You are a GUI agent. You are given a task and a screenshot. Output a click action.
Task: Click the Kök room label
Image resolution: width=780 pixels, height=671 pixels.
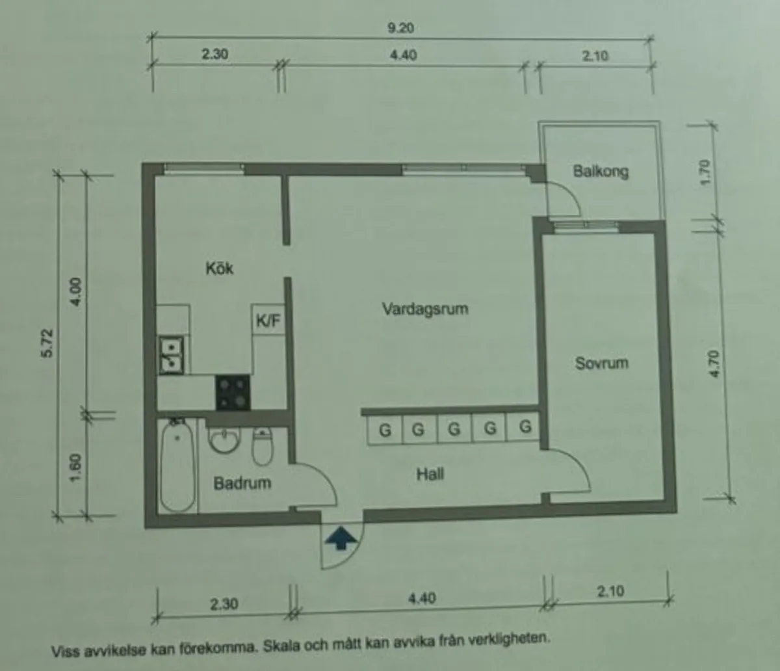220,268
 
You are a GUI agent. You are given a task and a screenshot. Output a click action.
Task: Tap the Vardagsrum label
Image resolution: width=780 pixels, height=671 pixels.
425,308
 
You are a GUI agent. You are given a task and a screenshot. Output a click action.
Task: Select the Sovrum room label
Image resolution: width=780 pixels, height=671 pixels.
601,363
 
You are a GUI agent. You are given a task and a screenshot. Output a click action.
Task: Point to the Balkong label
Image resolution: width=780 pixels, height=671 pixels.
601,172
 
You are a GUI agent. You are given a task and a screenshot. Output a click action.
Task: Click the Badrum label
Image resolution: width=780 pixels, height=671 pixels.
242,483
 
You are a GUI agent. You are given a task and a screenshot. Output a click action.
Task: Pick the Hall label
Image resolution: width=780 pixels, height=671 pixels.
430,474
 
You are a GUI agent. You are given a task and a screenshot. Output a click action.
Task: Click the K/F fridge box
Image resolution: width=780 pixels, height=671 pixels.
267,321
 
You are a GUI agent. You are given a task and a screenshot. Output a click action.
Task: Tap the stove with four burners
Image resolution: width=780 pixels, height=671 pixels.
233,392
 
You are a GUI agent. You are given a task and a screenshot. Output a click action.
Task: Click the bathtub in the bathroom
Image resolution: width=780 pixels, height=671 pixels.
177,466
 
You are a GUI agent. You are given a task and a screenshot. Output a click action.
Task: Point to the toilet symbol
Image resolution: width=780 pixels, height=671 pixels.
262,445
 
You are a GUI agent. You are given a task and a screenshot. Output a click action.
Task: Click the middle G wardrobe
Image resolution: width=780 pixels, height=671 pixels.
454,429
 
